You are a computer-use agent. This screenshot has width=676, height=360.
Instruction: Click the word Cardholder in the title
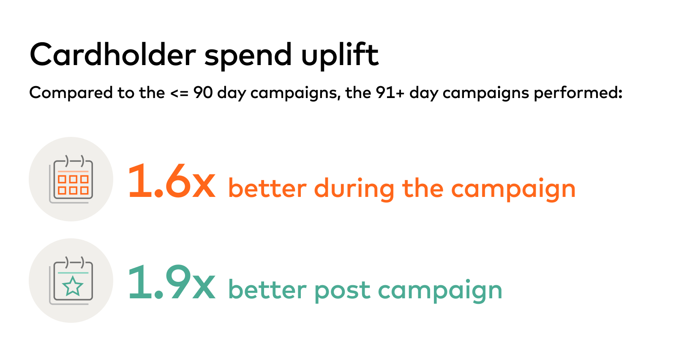(x=113, y=55)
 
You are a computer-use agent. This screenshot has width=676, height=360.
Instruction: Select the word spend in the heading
(x=248, y=56)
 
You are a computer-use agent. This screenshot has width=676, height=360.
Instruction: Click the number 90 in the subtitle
(x=203, y=93)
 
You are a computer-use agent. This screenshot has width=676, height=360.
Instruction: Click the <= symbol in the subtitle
(x=179, y=93)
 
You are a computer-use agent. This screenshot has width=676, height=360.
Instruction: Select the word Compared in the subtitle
(x=71, y=93)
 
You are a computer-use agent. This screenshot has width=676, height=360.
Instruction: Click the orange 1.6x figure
(x=172, y=181)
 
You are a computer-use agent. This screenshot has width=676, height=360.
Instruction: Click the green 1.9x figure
(x=172, y=282)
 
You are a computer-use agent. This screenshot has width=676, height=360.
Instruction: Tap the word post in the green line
(x=342, y=290)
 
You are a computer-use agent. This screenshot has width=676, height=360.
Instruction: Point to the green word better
(x=267, y=289)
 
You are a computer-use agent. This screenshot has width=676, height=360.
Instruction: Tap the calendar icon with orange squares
(x=71, y=179)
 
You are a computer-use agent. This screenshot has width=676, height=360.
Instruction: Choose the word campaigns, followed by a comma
(x=295, y=93)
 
